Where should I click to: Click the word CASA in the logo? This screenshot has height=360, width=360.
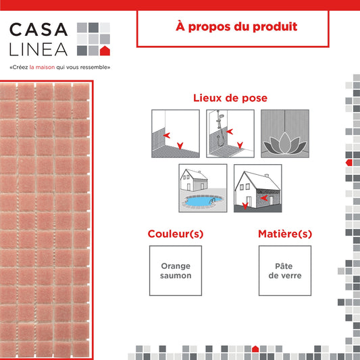pyautogui.click(x=38, y=30)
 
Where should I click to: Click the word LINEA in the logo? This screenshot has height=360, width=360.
pyautogui.click(x=38, y=49)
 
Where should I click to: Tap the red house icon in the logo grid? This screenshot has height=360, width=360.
pyautogui.click(x=105, y=51)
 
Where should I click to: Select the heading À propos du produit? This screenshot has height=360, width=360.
pyautogui.click(x=236, y=26)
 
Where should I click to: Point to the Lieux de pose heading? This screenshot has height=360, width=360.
pyautogui.click(x=230, y=98)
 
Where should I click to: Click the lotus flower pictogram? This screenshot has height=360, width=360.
pyautogui.click(x=285, y=143)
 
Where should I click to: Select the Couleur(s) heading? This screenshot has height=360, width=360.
pyautogui.click(x=176, y=234)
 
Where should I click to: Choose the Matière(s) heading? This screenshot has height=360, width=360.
pyautogui.click(x=285, y=234)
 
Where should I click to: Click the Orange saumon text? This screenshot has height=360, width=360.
pyautogui.click(x=176, y=271)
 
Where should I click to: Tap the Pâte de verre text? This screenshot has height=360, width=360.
pyautogui.click(x=285, y=271)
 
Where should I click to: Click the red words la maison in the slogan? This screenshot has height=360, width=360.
pyautogui.click(x=42, y=68)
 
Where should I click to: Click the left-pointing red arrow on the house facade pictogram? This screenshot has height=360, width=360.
pyautogui.click(x=264, y=198)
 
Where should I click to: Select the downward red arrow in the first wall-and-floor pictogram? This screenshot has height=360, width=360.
pyautogui.click(x=180, y=146)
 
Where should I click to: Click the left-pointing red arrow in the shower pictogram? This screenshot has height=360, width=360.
pyautogui.click(x=230, y=132)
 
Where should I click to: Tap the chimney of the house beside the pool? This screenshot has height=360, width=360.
pyautogui.click(x=199, y=172)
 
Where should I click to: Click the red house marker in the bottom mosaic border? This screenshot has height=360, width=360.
pyautogui.click(x=255, y=349)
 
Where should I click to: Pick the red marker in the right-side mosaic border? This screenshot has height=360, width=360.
pyautogui.click(x=349, y=163)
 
